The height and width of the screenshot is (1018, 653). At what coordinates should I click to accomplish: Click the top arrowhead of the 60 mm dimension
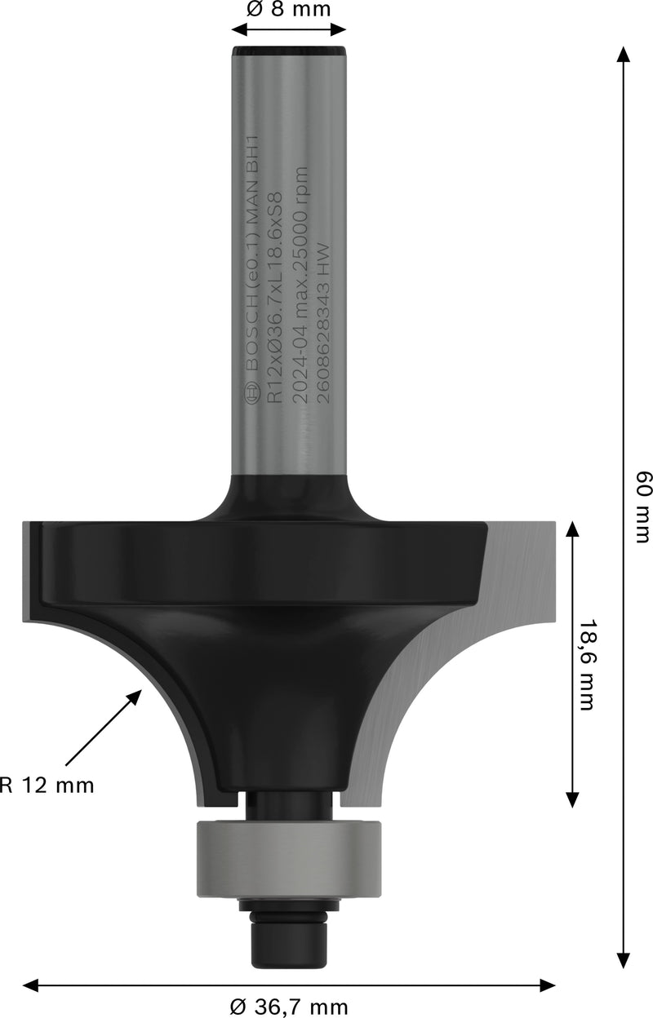623,55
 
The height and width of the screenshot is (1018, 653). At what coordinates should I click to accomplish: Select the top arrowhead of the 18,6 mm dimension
572,530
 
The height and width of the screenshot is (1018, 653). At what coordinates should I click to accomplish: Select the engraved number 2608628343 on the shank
321,326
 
